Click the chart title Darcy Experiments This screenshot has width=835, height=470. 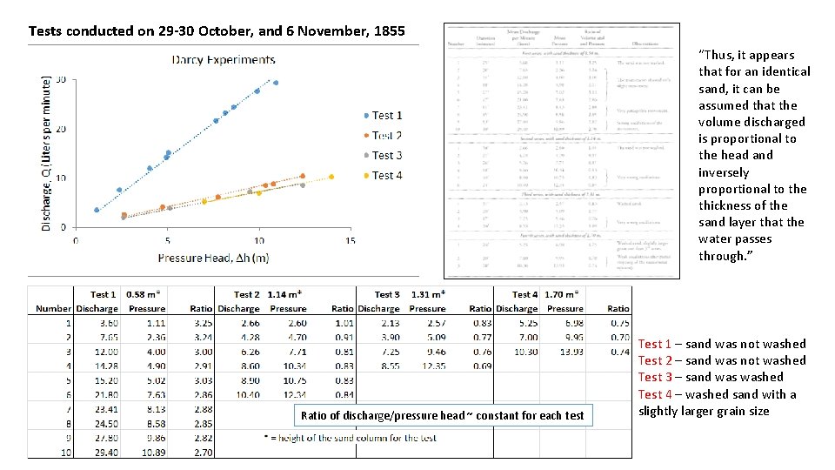click(224, 60)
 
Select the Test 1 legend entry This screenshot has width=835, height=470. click(386, 115)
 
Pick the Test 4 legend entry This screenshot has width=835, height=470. click(386, 175)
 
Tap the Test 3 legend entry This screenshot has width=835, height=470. click(386, 155)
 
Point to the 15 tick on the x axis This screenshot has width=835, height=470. click(351, 240)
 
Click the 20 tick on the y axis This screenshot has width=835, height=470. click(60, 129)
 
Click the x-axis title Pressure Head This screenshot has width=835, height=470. click(212, 258)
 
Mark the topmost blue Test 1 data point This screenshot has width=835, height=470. click(276, 83)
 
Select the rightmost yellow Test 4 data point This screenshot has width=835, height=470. click(331, 177)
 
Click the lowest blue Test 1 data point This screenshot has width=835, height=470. click(97, 210)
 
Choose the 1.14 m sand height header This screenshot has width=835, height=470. click(284, 294)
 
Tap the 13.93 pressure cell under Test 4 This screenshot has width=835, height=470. click(571, 352)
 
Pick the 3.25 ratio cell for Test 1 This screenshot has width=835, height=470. click(202, 323)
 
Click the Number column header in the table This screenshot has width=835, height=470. click(53, 308)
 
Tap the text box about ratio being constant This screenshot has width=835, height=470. click(442, 415)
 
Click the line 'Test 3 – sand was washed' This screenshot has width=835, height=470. click(711, 377)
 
